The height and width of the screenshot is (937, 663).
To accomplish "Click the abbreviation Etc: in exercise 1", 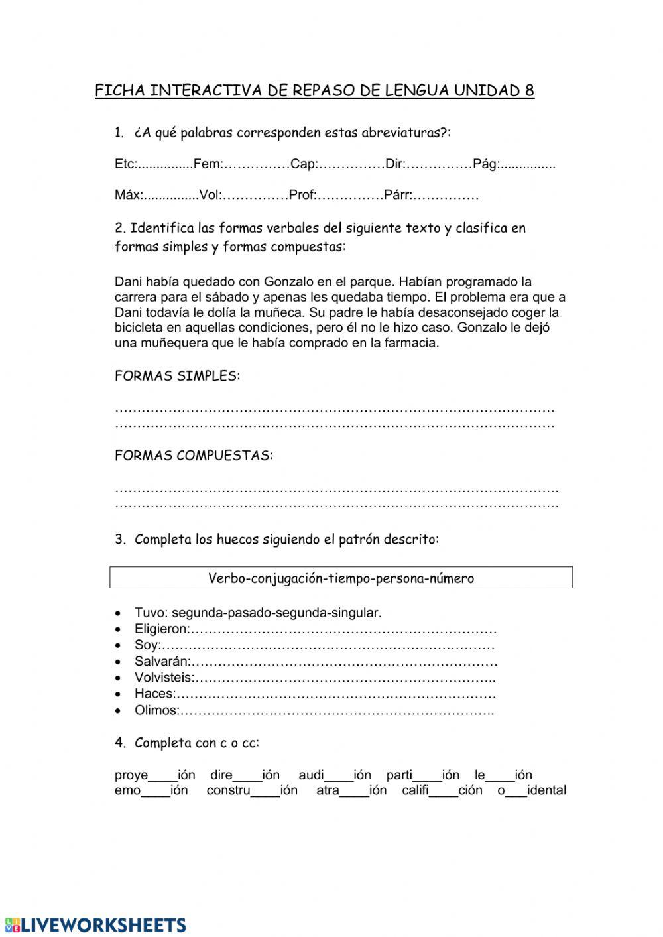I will [x=125, y=164].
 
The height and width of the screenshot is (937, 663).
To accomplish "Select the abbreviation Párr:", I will [x=398, y=195].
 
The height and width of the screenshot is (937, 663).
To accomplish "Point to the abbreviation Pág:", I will [x=486, y=164].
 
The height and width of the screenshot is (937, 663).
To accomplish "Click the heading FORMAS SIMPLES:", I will [x=177, y=377].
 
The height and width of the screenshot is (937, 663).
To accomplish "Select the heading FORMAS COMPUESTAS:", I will [x=194, y=456].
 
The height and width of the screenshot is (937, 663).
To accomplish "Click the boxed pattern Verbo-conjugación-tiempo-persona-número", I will [x=341, y=578].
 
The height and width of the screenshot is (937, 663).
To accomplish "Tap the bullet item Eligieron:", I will [x=162, y=629].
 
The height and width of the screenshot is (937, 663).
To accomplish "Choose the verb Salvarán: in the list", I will [x=162, y=662].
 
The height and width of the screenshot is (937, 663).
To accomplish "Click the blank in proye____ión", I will [x=162, y=776].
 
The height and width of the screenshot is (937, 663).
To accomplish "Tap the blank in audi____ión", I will [x=339, y=776].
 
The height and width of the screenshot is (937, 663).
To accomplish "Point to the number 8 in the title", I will [x=529, y=91].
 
